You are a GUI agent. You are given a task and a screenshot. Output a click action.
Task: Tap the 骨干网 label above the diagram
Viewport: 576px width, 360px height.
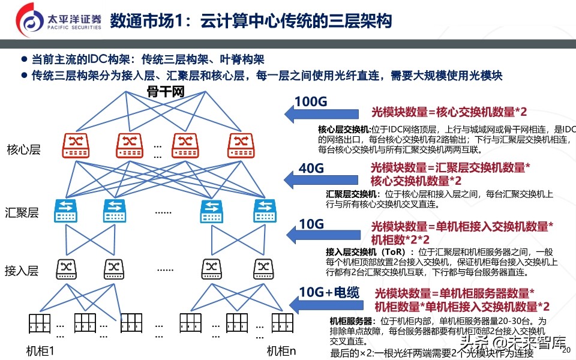(x=165, y=92)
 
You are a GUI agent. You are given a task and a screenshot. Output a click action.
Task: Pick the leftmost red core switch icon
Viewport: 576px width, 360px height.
(x=76, y=144)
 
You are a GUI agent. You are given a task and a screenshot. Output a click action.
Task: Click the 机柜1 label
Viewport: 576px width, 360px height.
(x=41, y=350)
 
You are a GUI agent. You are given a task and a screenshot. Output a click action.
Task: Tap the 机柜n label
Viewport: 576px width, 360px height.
(x=282, y=350)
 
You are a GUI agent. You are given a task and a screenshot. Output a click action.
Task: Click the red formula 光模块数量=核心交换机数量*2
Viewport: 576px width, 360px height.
(x=449, y=112)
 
